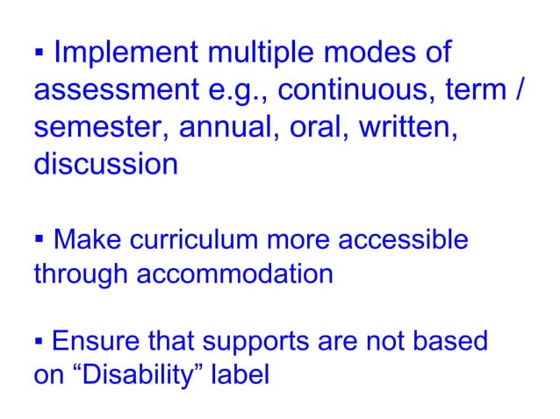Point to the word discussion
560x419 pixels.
click(105, 164)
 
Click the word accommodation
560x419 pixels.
click(234, 274)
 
